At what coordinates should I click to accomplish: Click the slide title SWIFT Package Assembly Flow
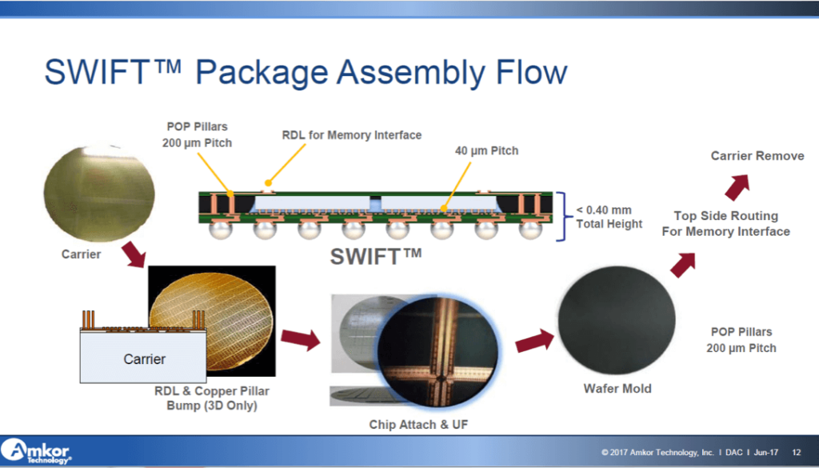click(306, 72)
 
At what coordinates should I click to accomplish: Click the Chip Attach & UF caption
click(418, 424)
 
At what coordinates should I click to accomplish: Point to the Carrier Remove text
click(757, 155)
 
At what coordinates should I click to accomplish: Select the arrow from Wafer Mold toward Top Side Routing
click(682, 263)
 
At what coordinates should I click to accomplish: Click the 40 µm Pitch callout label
click(486, 151)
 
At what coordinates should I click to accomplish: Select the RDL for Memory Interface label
click(352, 135)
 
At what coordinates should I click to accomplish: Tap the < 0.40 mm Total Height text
click(609, 217)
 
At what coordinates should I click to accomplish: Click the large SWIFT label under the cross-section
click(376, 257)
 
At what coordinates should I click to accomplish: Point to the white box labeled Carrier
click(143, 358)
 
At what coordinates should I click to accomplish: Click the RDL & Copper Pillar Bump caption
click(211, 398)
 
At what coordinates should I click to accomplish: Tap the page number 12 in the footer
click(797, 453)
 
